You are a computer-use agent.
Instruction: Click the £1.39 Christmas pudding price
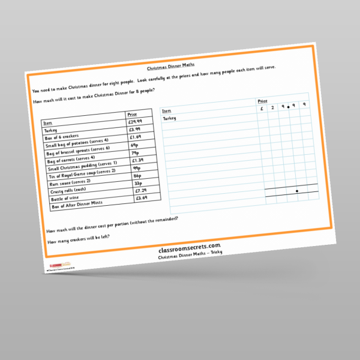pyautogui.click(x=137, y=160)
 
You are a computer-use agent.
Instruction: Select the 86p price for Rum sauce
pyautogui.click(x=138, y=176)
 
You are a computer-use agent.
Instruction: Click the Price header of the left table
pyautogui.click(x=132, y=114)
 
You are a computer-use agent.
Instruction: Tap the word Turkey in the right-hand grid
pyautogui.click(x=170, y=118)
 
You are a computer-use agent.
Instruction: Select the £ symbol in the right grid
pyautogui.click(x=262, y=109)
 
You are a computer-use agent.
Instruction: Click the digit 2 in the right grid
pyautogui.click(x=272, y=107)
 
